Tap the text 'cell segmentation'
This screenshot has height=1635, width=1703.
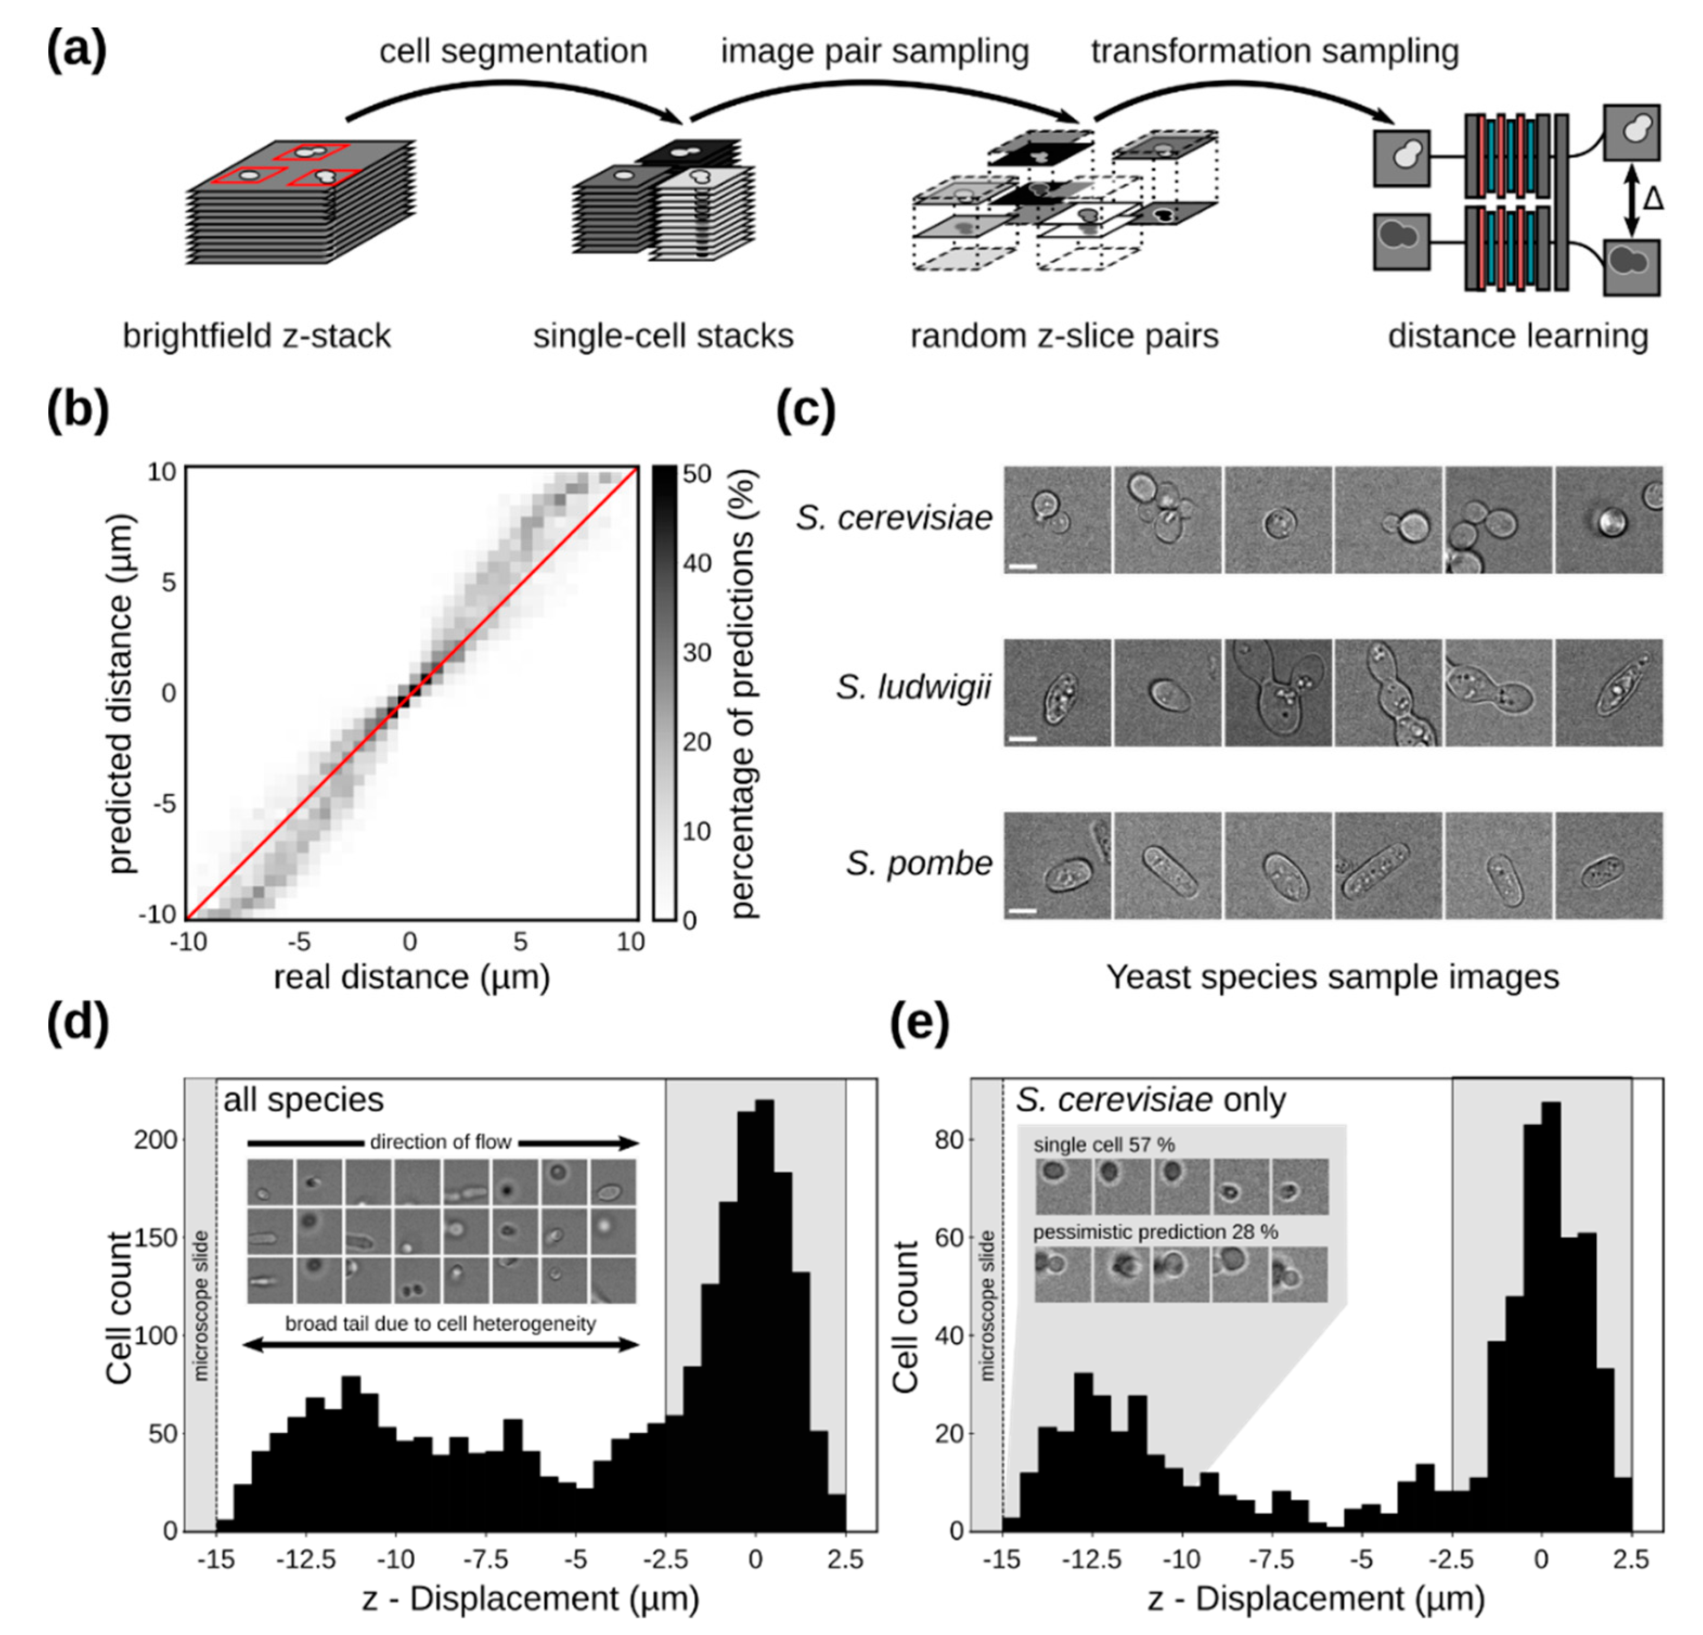(513, 52)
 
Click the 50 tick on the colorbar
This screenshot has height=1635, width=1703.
(697, 474)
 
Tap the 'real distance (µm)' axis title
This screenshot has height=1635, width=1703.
(412, 977)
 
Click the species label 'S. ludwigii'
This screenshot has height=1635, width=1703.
(913, 687)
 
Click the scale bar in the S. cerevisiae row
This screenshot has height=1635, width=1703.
(1023, 567)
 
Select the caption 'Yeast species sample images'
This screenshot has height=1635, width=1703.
(1332, 977)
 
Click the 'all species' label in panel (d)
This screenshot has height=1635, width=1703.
(303, 1099)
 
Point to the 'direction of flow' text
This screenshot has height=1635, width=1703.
(441, 1141)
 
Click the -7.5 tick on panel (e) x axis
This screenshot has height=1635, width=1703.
(1272, 1560)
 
